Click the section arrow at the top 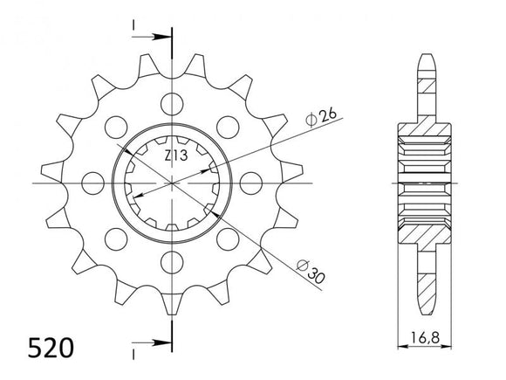point(158,38)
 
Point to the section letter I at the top point(133,26)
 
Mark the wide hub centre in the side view point(427,183)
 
